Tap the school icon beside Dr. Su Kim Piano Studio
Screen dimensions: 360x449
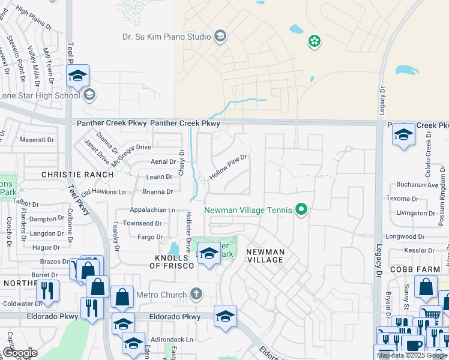pos(220,37)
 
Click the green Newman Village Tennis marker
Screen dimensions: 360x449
pos(302,209)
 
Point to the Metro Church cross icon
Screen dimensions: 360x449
pos(195,294)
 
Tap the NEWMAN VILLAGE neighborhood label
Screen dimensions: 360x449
pos(265,256)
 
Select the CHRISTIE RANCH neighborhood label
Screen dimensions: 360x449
pos(77,174)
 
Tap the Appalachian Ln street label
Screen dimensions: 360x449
pos(153,210)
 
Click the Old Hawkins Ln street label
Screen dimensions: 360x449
pos(104,192)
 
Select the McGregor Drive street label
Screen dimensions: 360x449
pos(127,147)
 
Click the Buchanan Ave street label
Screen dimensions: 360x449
pos(417,185)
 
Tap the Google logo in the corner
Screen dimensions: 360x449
pos(20,353)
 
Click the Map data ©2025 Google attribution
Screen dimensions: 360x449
pos(412,355)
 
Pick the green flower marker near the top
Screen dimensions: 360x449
pos(314,41)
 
